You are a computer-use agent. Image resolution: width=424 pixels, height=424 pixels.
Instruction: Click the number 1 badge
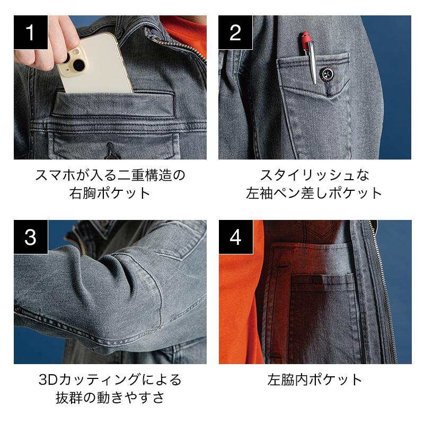point(31,32)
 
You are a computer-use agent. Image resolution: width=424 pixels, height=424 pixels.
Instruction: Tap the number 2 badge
point(235,32)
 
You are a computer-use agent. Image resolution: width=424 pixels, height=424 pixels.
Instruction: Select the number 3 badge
point(31,237)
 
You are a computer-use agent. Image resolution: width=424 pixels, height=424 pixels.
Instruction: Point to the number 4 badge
point(236,237)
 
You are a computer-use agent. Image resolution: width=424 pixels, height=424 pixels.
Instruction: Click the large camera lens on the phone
point(78,65)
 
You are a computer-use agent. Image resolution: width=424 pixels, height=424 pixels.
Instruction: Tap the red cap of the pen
point(306,41)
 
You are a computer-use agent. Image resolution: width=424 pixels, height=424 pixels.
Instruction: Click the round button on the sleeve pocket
point(326,74)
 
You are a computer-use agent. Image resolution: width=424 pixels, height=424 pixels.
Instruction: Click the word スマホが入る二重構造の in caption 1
point(110,175)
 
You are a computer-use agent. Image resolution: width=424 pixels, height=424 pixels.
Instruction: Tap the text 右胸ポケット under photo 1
point(110,193)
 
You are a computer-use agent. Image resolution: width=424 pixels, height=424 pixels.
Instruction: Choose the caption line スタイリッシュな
point(314,175)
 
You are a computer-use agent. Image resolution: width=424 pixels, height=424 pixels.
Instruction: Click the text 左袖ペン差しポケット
point(314,193)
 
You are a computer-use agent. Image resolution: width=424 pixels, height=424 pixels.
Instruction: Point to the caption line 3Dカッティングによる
point(110,379)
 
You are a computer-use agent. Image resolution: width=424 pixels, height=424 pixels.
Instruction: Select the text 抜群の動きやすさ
point(110,397)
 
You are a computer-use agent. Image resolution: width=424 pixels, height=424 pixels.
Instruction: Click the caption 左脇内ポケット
point(315,379)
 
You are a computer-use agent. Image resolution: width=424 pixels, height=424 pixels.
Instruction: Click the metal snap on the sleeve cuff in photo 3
point(18,308)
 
